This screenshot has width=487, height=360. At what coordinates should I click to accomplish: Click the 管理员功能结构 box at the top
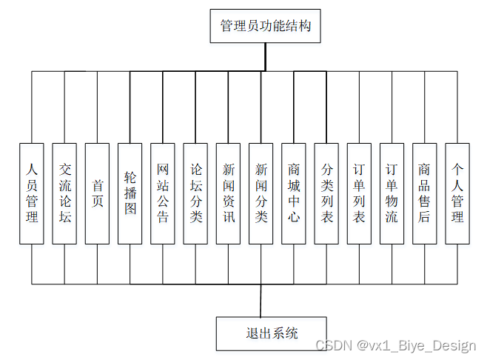pos(265,27)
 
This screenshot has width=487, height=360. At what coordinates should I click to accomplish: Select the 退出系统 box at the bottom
pos(272,333)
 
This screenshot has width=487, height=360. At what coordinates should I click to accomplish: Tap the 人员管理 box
pos(32,193)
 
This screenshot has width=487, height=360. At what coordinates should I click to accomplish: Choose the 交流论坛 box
pos(64,193)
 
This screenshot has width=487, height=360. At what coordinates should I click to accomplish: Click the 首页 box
pos(97,193)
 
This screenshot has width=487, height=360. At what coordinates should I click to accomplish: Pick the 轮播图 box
pos(130,193)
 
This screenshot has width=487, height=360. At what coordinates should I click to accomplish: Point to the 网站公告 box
pos(163,193)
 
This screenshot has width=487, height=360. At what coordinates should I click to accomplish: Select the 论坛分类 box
pos(195,193)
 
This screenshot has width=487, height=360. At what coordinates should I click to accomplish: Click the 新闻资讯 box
pos(228,193)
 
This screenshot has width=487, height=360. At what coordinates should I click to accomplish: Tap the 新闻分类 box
pos(261,193)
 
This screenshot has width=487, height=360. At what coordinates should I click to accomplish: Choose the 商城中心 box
pos(294,193)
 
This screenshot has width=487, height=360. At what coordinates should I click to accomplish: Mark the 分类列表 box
pos(326,193)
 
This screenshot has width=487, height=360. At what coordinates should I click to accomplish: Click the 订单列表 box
pos(359,193)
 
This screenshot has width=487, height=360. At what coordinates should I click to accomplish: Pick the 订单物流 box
pos(392,193)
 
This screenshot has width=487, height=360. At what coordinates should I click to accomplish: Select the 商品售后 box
pos(424,193)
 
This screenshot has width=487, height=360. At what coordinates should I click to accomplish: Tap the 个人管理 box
pos(457,193)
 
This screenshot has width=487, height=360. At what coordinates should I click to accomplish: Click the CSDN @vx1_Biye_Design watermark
pos(395,347)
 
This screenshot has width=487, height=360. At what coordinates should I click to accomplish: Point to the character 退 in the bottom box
pos(252,333)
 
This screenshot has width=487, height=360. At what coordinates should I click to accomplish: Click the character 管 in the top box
pos(226,27)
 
